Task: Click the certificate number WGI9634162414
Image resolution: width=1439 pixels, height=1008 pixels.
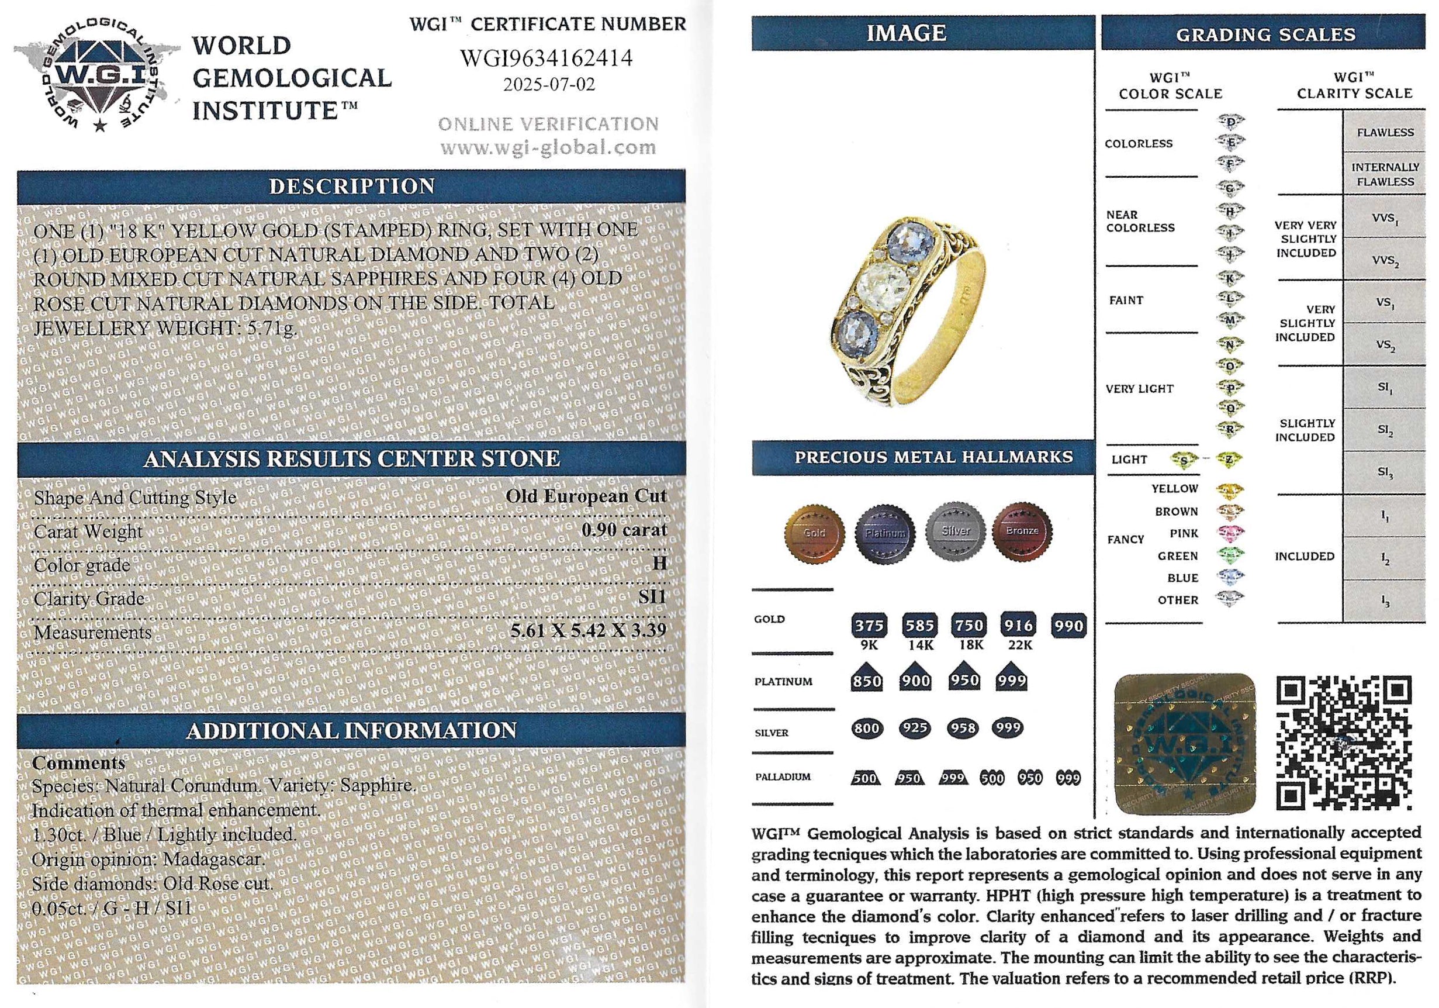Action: coord(546,58)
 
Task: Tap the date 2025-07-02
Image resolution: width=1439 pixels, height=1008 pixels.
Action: coord(548,84)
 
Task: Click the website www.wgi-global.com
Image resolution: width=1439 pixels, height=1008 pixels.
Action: coord(548,148)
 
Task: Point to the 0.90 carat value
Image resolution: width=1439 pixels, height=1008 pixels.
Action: coord(624,530)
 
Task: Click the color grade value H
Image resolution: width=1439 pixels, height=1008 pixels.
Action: coord(659,563)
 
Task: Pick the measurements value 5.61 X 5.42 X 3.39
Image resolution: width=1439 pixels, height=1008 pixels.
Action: coord(587,630)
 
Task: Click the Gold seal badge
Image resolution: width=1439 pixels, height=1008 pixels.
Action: coord(814,531)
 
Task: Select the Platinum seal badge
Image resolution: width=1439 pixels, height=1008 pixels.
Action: coord(885,532)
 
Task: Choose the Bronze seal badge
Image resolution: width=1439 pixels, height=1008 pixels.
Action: coord(1022,531)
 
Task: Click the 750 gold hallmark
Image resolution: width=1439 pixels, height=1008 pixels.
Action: coord(968,625)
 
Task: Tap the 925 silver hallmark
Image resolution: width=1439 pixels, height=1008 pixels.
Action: coord(914,729)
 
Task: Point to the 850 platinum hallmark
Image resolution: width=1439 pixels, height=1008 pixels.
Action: coord(867,679)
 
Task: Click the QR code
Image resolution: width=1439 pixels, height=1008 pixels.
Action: coord(1344,744)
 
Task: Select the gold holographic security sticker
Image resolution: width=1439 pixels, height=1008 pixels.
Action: coord(1186,745)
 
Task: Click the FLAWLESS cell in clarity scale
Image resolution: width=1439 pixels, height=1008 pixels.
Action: coord(1385,132)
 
